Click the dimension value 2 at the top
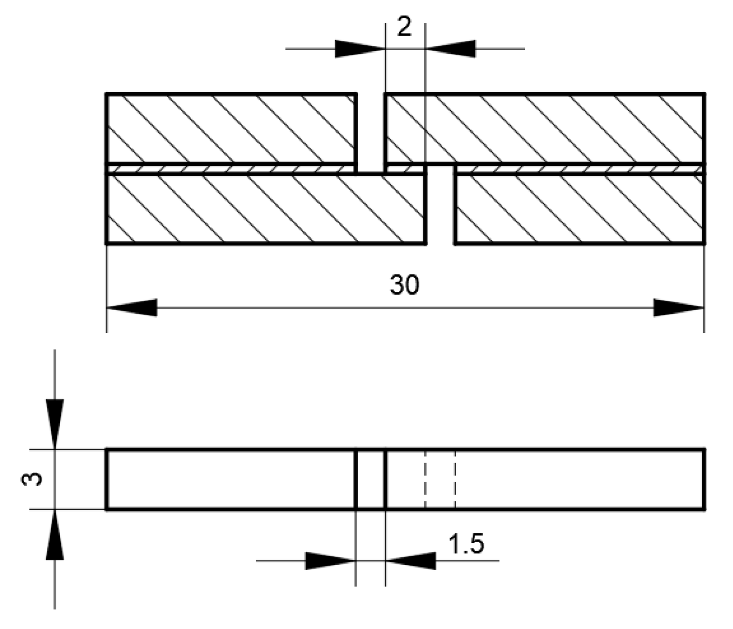(x=404, y=27)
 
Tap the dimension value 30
(x=404, y=285)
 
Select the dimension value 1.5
(x=466, y=544)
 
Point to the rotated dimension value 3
(x=33, y=479)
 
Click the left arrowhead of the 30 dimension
(x=131, y=308)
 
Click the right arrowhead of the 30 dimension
(x=679, y=308)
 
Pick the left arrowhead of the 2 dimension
(x=360, y=49)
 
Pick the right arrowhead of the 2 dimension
(x=450, y=49)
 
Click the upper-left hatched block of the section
(x=231, y=128)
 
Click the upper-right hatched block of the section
(x=545, y=128)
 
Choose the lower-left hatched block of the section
(x=266, y=209)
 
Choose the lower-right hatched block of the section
(x=580, y=209)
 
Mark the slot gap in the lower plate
(x=440, y=207)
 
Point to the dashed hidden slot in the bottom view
(x=440, y=480)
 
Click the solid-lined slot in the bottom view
(x=370, y=480)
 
